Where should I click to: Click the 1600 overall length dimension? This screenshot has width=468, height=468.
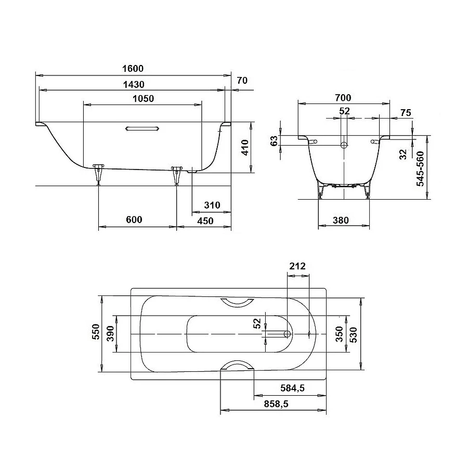tap(134, 69)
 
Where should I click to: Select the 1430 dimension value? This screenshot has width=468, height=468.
tap(134, 84)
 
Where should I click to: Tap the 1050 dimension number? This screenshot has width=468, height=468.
tap(143, 99)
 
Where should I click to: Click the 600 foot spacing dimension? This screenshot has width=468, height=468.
tap(134, 220)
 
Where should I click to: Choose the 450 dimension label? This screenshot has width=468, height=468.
tap(205, 220)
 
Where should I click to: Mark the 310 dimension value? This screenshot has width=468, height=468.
tap(212, 205)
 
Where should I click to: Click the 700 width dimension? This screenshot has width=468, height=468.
tap(343, 98)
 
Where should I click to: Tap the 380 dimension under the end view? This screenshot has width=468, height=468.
tap(340, 220)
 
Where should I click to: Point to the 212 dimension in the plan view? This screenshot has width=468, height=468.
tap(297, 266)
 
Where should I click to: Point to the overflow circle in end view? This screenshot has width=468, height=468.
tap(344, 144)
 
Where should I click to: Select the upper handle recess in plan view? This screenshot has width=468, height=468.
tap(236, 303)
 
